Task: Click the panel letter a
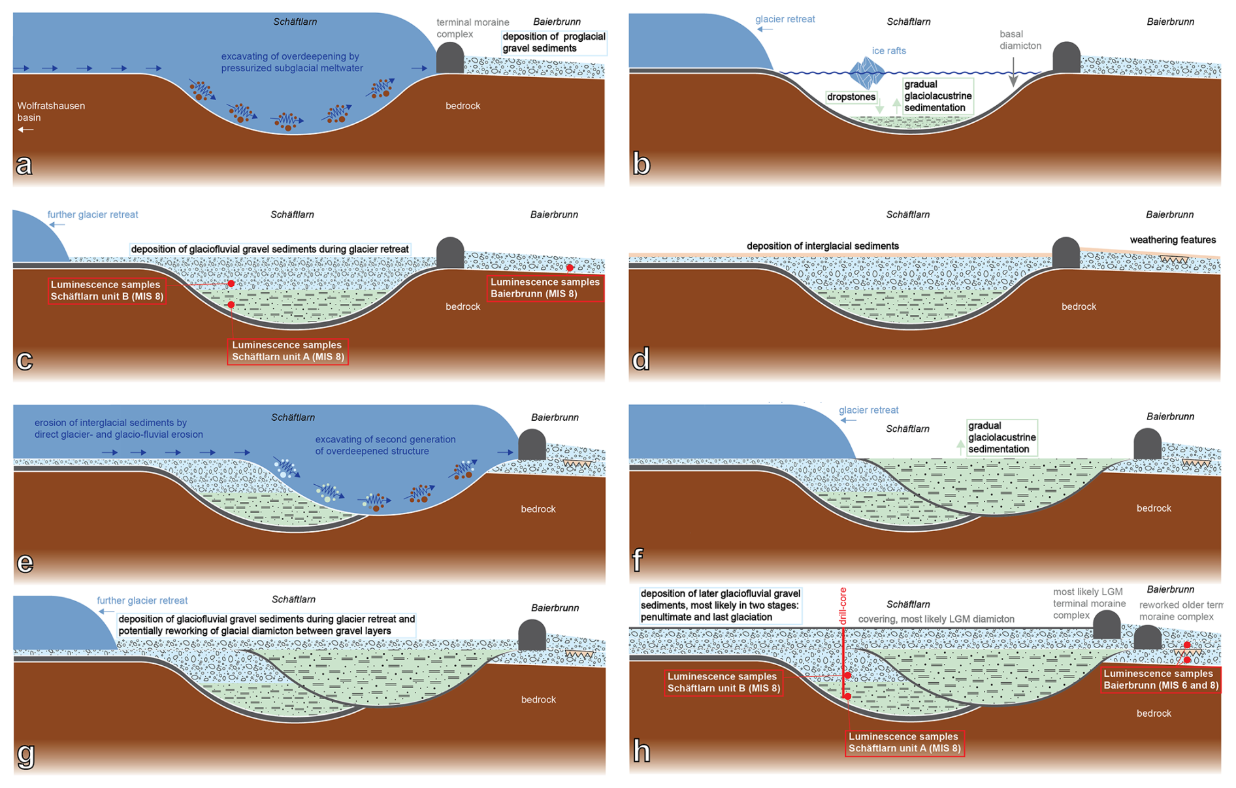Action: coord(24,165)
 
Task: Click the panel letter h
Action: coord(642,751)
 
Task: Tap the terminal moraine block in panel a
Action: coord(449,59)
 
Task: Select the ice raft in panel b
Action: coord(867,73)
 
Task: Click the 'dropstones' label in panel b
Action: coord(851,97)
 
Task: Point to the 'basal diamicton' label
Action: coord(1020,40)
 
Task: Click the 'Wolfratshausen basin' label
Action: coord(51,112)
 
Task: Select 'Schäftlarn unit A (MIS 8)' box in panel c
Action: coord(287,351)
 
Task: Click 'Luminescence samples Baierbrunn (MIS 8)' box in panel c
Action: coord(545,288)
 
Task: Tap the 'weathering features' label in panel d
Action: coord(1173,240)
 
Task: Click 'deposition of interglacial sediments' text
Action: coord(822,246)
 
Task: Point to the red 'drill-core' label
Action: coord(843,606)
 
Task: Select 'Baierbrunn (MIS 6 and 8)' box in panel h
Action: coord(1160,680)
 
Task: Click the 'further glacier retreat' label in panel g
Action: coord(142,600)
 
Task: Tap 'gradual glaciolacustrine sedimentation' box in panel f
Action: coord(1001,437)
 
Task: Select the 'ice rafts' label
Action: coord(888,51)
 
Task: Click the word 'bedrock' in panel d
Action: coord(1079,306)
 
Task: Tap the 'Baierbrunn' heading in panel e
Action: coord(555,417)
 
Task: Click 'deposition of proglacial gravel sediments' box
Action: coord(553,42)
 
